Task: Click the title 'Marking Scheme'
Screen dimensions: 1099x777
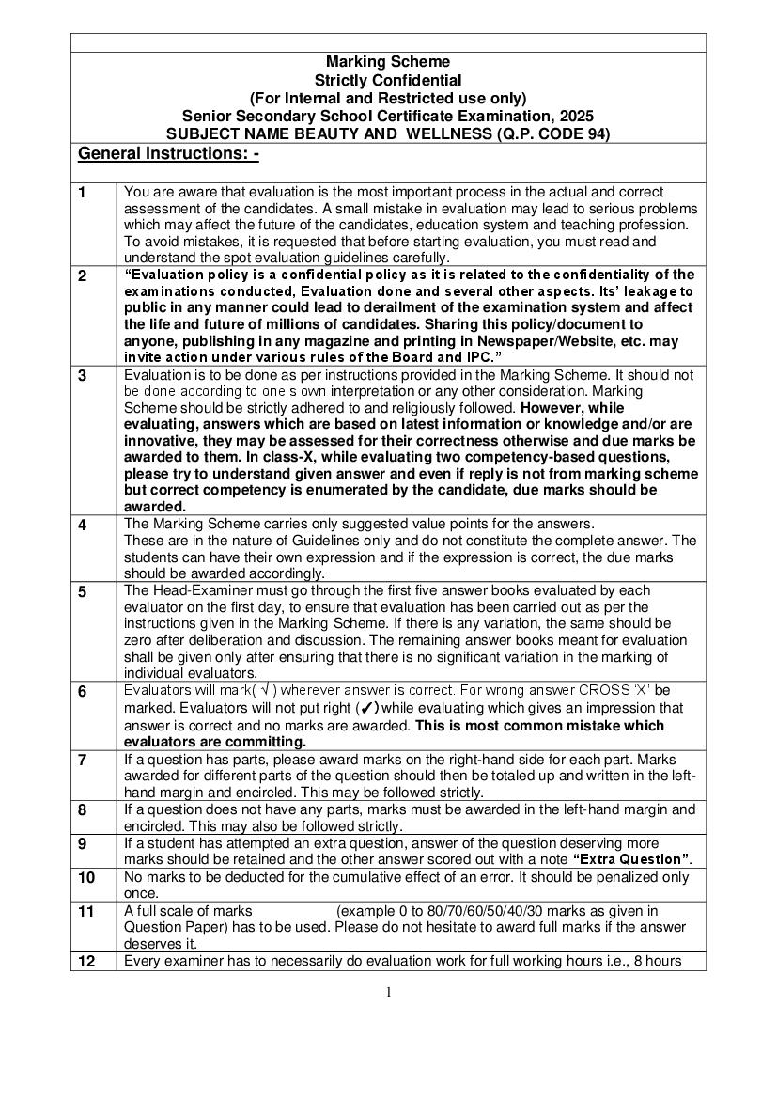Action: pyautogui.click(x=388, y=62)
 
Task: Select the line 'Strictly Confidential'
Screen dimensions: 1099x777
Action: pyautogui.click(x=388, y=80)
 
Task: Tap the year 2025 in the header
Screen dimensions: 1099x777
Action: pyautogui.click(x=574, y=116)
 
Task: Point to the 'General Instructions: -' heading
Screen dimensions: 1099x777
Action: pyautogui.click(x=169, y=153)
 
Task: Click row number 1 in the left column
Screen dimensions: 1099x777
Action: pyautogui.click(x=83, y=193)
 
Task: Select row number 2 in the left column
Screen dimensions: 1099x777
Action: pyautogui.click(x=83, y=275)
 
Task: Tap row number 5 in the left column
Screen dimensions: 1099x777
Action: pyautogui.click(x=83, y=591)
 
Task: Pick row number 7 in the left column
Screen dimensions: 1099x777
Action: pyautogui.click(x=83, y=760)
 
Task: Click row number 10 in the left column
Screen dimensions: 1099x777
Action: pyautogui.click(x=86, y=877)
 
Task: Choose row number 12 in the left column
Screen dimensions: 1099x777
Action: pyautogui.click(x=86, y=961)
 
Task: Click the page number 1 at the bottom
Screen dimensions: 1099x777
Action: pyautogui.click(x=388, y=992)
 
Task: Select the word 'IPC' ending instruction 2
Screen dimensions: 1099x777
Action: pyautogui.click(x=474, y=358)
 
